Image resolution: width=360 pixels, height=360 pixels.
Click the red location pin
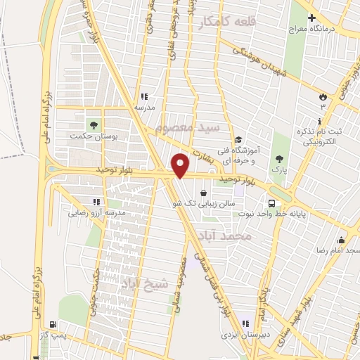click(x=181, y=165)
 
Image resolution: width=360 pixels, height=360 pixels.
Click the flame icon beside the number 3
click(x=323, y=96)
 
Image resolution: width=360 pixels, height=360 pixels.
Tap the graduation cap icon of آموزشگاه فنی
click(x=238, y=139)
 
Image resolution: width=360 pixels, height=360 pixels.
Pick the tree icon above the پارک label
click(x=281, y=158)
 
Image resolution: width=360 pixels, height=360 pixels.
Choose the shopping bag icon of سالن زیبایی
click(x=204, y=192)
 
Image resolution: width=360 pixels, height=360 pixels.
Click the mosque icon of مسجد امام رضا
click(x=341, y=239)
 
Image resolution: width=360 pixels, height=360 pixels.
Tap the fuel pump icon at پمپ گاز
click(x=53, y=324)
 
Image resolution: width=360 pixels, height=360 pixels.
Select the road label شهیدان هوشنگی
click(x=256, y=64)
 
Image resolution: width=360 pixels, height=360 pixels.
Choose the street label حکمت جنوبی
click(x=96, y=289)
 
